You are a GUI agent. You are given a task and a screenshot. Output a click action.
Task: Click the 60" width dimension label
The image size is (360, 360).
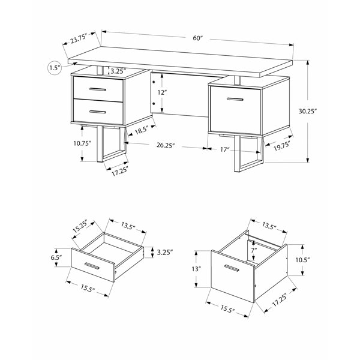coord(198,38)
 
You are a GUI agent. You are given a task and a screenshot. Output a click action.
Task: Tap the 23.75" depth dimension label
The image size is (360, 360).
coord(79,38)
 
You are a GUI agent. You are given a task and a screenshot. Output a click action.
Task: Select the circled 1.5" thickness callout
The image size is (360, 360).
coord(55,68)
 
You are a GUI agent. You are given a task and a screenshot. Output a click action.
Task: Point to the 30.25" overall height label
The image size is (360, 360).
coord(308,111)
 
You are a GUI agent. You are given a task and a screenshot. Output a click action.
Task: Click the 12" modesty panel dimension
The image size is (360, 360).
coord(162,92)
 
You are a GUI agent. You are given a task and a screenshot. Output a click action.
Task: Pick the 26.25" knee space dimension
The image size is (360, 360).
coord(166,145)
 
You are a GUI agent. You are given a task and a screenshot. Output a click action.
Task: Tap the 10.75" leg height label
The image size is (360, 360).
coord(82,143)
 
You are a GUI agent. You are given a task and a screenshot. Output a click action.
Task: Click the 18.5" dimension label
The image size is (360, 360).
coord(141,131)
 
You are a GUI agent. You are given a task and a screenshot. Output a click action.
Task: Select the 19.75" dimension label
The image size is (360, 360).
coord(281,146)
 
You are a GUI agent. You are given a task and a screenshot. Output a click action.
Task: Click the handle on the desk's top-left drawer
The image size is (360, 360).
coord(98,89)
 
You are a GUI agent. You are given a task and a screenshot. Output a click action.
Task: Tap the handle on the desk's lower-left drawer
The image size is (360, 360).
coord(98,112)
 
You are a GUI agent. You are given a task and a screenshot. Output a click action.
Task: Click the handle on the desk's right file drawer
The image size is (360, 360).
coord(235,99)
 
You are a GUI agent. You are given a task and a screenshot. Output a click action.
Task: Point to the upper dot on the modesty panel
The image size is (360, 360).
coord(154,82)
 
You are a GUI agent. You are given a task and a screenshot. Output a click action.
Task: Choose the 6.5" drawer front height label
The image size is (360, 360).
coord(56,257)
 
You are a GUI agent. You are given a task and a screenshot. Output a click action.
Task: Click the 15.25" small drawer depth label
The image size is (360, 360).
coord(80,226)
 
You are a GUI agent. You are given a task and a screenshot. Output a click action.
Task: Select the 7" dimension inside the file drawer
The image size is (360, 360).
coord(254,250)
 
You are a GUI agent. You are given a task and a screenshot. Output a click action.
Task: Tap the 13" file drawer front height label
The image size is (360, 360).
coord(197,269)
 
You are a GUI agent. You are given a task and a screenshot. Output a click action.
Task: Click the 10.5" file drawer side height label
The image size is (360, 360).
coord(302,260)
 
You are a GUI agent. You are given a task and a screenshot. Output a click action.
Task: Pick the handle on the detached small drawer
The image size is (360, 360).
coord(92,266)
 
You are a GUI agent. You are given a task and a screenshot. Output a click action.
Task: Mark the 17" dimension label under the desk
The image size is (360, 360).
coord(225,149)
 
